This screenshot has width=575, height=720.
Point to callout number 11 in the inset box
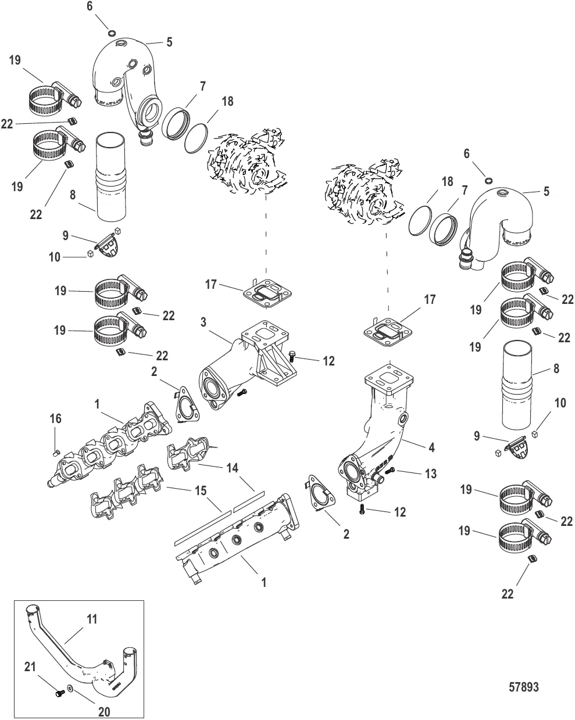[x=91, y=619]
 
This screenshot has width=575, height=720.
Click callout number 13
[x=430, y=474]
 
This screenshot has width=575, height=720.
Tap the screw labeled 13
[x=391, y=470]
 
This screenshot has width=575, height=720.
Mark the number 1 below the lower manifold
[x=263, y=582]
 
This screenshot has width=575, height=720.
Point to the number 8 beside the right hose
[x=556, y=368]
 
